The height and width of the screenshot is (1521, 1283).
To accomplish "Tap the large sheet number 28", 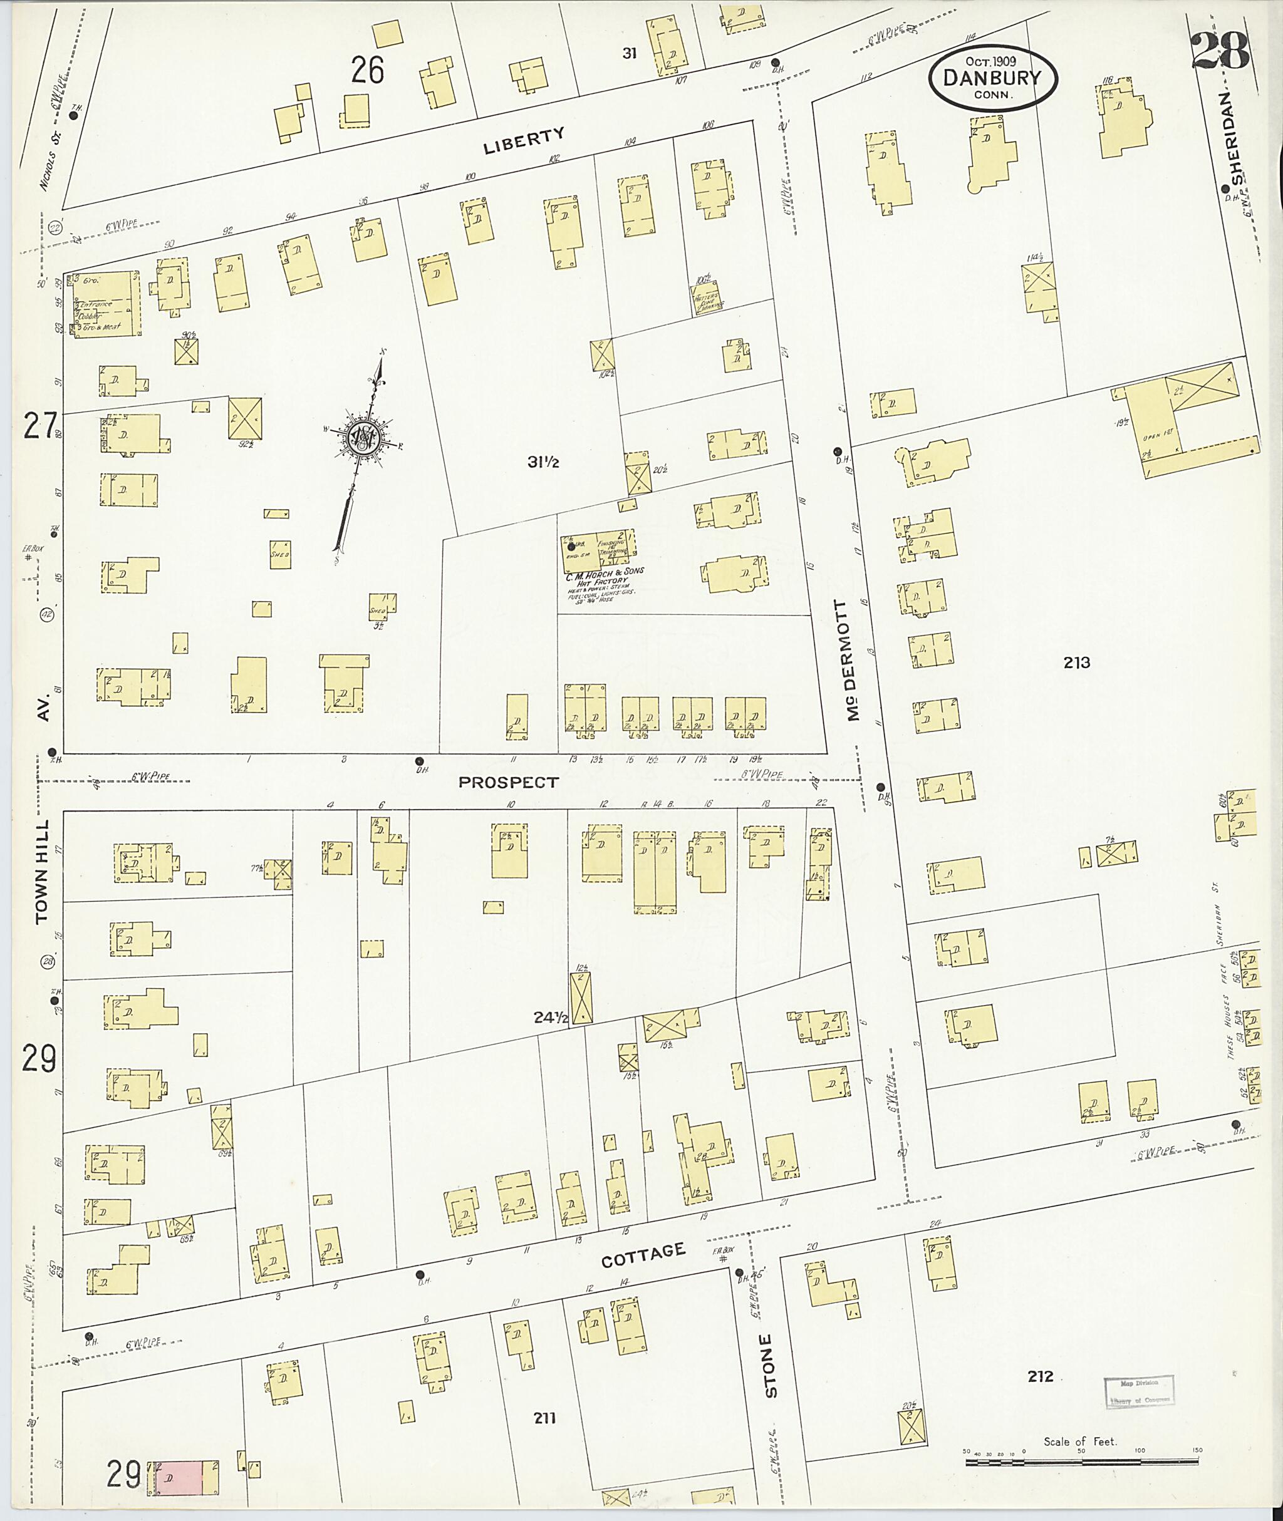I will click(x=1220, y=50).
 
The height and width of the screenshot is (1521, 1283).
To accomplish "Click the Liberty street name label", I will click(x=524, y=140).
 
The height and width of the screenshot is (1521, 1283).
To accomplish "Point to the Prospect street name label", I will click(x=509, y=782).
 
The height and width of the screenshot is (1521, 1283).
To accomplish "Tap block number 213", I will click(x=1076, y=663).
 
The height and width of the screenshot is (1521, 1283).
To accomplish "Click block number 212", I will click(x=1040, y=1376).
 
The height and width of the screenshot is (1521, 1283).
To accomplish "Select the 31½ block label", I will click(x=543, y=461).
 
